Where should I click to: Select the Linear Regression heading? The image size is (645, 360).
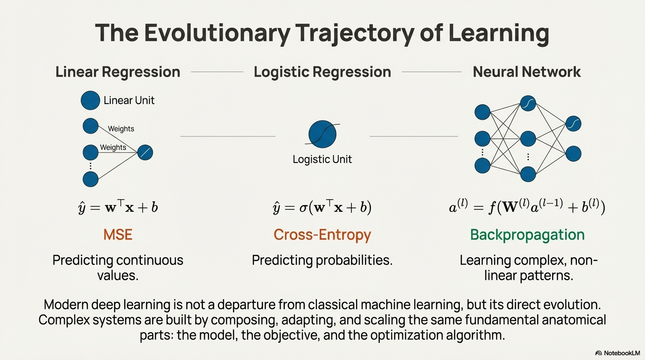(118, 72)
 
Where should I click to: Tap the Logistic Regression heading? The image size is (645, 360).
(322, 72)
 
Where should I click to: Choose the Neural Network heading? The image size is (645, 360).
(526, 72)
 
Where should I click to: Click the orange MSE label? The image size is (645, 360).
(118, 234)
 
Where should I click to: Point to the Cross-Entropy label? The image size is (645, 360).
(322, 234)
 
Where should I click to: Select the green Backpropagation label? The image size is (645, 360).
(527, 234)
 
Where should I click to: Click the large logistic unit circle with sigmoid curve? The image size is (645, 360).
(322, 134)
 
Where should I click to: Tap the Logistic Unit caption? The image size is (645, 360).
(322, 159)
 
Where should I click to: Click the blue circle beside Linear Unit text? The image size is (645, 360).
(90, 100)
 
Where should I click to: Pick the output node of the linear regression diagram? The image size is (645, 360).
(145, 152)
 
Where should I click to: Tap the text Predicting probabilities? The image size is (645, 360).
(322, 260)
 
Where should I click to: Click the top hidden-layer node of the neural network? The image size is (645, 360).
(528, 104)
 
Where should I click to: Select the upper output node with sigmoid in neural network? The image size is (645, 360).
(573, 124)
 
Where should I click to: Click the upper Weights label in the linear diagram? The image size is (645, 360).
(121, 129)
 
